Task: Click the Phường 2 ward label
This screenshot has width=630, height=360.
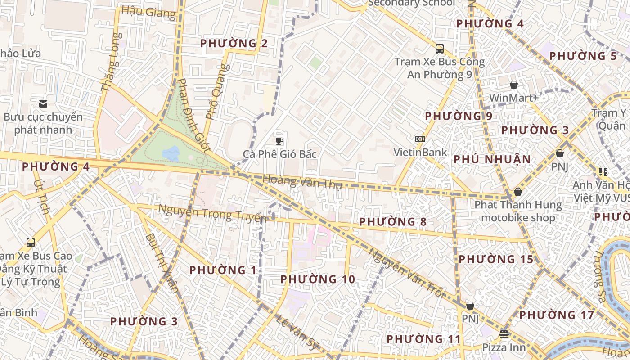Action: pos(234,44)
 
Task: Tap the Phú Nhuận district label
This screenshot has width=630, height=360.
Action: pos(492,159)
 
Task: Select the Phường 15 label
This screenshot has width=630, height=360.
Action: pos(496,259)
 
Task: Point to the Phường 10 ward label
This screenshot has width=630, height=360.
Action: pos(318,279)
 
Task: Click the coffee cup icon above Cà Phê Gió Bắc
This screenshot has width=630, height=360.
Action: pos(279,141)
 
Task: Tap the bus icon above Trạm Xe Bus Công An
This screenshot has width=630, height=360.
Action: pos(440,48)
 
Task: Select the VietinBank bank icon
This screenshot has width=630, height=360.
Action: pos(420,139)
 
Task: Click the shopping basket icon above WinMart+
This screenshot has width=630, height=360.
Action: pos(513,85)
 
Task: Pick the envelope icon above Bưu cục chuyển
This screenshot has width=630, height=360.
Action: pos(43,104)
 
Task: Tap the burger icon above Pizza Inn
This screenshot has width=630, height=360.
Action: pos(504,334)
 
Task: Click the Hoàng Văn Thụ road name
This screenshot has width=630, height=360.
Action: pos(302,182)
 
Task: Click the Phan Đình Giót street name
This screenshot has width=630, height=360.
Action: pos(194,115)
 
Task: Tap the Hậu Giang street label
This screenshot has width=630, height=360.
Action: pos(148,12)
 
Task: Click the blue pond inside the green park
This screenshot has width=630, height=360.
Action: pos(171,154)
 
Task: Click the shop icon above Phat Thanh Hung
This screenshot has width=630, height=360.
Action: pos(518,192)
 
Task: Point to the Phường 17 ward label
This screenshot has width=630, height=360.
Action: pos(557,315)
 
